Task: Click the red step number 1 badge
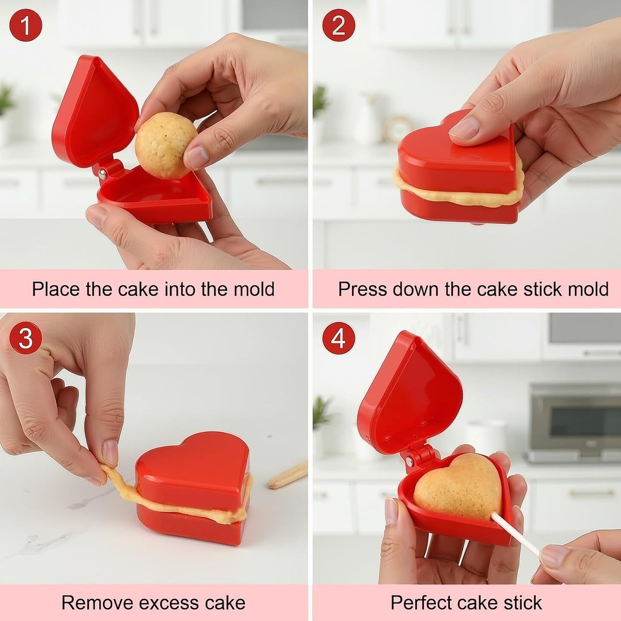coord(26,25)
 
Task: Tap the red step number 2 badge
coord(338,25)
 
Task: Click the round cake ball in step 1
coord(166,145)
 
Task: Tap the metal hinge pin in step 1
coord(102,174)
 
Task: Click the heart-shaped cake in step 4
coord(458,486)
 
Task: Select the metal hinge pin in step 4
coord(410,462)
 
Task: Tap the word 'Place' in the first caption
coord(56,289)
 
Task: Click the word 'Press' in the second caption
coord(362,289)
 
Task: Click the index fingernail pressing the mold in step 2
coord(464,128)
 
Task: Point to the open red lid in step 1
coord(95,111)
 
